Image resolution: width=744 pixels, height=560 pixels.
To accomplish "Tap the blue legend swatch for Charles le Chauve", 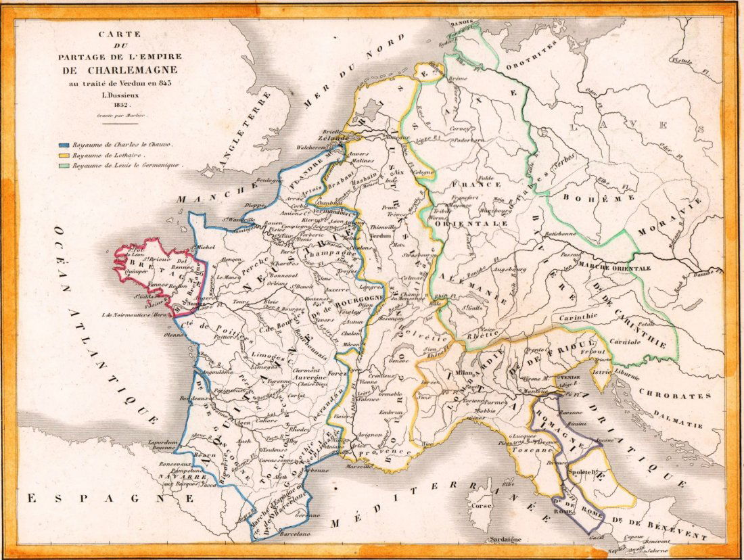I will click(65, 144).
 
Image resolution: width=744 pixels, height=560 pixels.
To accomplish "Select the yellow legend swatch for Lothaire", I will click(65, 154).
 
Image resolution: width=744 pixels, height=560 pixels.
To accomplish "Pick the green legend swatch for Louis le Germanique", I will click(65, 164).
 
